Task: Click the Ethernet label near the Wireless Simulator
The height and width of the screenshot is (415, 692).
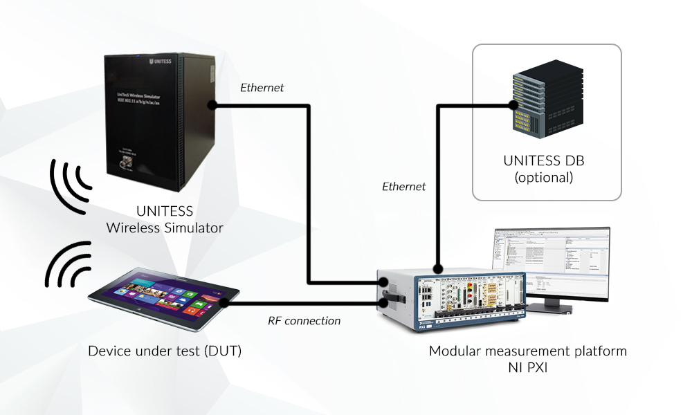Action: tap(262, 88)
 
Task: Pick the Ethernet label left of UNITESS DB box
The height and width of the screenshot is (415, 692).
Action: tap(404, 186)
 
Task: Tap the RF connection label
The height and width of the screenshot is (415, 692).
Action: tap(304, 321)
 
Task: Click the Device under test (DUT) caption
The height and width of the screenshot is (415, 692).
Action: tap(165, 351)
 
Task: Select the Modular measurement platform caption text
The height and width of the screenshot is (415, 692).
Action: tap(528, 351)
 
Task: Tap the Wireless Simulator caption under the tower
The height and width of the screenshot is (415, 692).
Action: tap(165, 227)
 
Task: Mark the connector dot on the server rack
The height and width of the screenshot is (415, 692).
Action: tap(513, 106)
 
